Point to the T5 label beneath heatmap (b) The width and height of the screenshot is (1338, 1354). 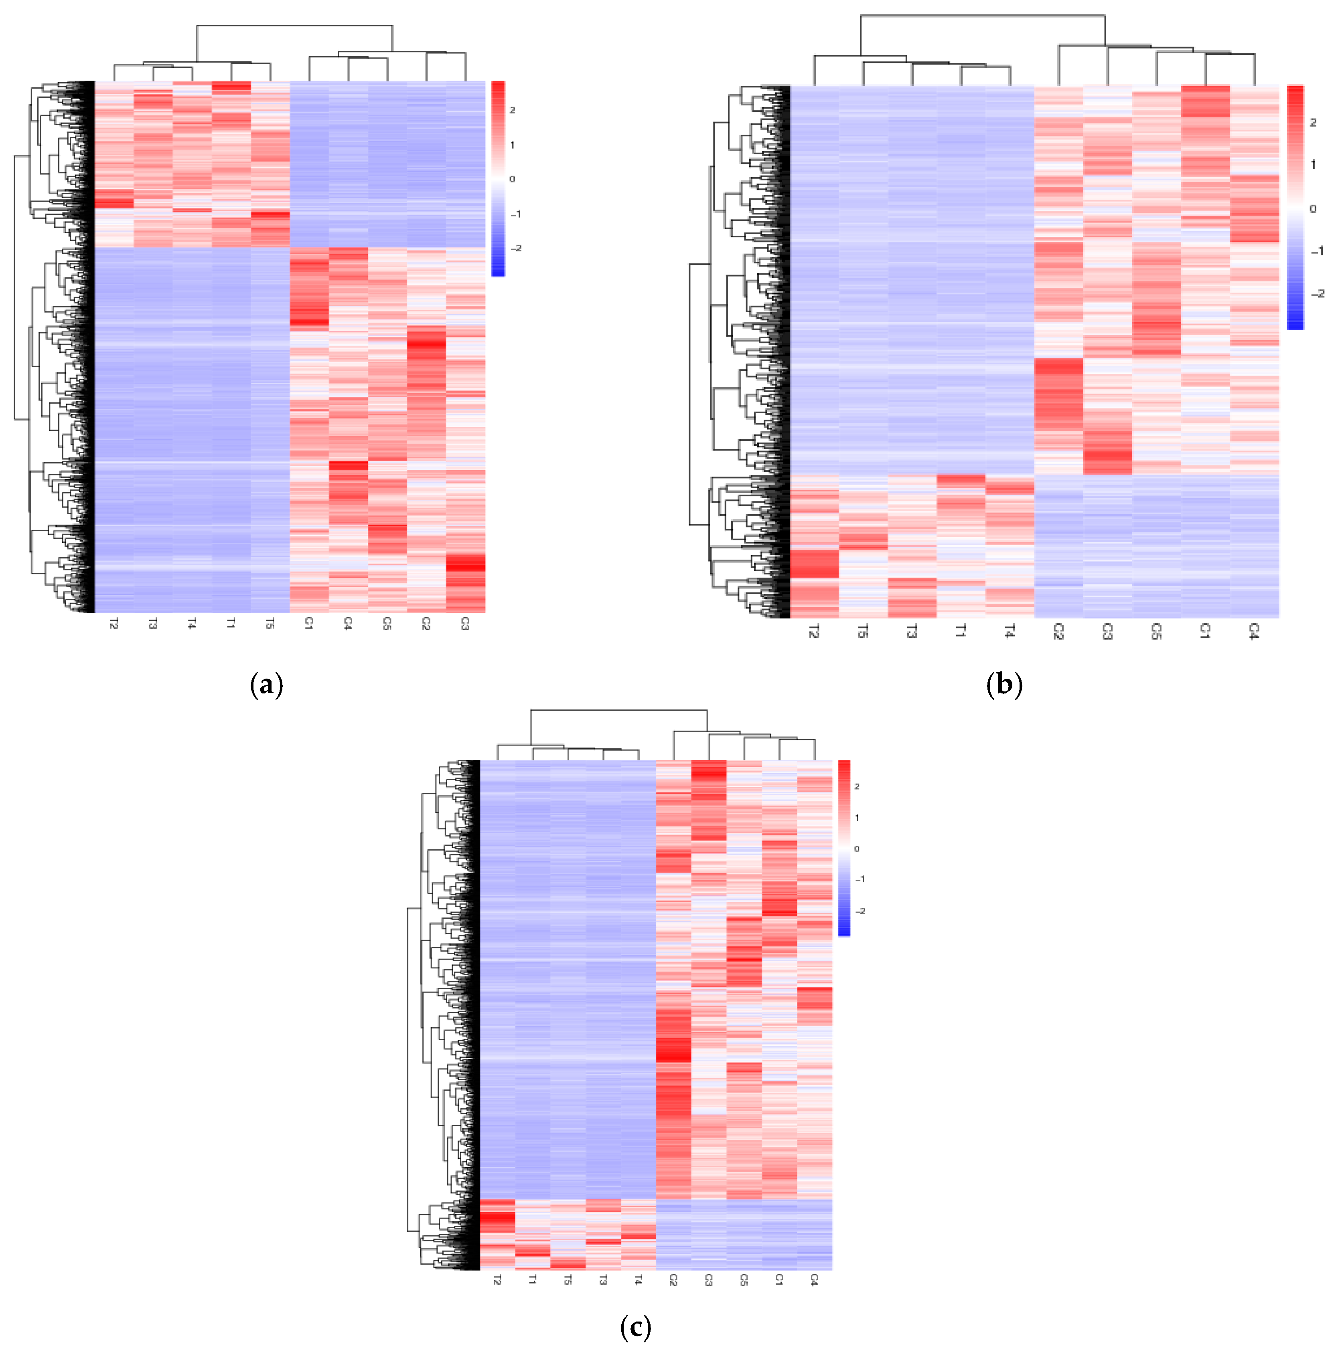point(863,631)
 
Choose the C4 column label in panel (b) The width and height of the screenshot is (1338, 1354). point(1254,631)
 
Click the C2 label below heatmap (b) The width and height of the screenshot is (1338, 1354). point(1058,631)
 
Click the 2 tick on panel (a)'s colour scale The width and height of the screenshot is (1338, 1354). point(513,110)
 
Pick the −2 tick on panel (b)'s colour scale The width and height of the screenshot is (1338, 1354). point(1317,294)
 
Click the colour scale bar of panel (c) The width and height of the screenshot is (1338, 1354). point(843,848)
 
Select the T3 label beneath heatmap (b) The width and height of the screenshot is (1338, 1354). point(912,631)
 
